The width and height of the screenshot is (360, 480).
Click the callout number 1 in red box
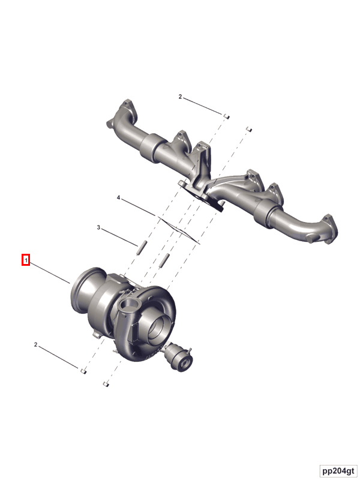(x=26, y=260)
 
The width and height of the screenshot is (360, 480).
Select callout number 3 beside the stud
(x=99, y=227)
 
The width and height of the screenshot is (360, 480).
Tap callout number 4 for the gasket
(x=119, y=197)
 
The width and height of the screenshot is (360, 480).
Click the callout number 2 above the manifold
(x=179, y=96)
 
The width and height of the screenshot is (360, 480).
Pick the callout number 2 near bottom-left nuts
(x=36, y=345)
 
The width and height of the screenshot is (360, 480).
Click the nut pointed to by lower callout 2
(x=83, y=371)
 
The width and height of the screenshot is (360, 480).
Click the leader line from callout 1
(x=51, y=273)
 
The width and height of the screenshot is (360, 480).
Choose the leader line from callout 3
(x=121, y=236)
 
